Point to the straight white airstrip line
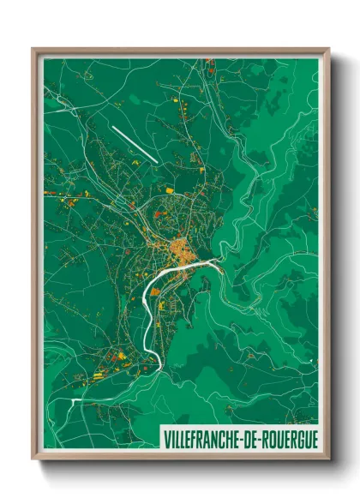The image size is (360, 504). (x=134, y=144)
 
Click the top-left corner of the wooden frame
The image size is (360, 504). (x=33, y=50)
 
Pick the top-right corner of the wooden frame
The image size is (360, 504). (x=328, y=50)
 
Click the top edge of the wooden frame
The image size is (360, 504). (x=180, y=51)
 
